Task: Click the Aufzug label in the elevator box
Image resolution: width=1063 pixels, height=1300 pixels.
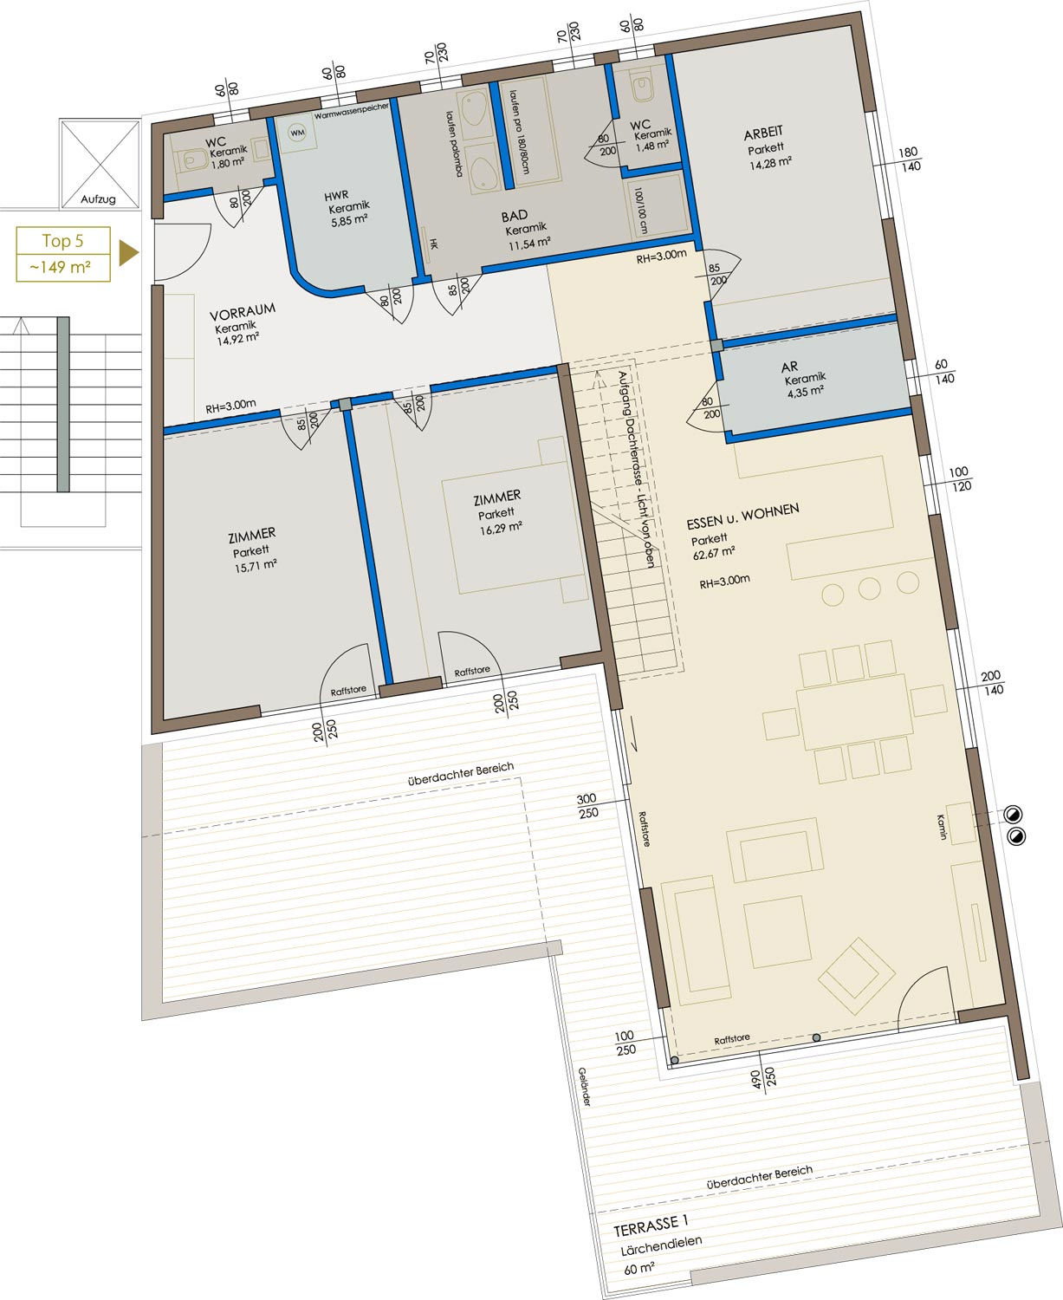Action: click(98, 199)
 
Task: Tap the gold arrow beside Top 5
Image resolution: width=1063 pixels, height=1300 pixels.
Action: click(128, 253)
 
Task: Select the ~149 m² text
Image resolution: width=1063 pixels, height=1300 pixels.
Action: click(61, 268)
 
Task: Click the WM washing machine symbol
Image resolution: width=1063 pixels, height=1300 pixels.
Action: click(298, 133)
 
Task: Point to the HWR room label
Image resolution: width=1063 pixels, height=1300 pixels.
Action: click(336, 196)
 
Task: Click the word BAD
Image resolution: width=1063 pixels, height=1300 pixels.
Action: click(515, 216)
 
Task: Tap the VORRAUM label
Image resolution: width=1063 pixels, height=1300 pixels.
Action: click(243, 312)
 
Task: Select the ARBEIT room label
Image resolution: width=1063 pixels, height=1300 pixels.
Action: click(763, 133)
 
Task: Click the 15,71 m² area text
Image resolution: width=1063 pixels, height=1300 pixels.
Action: click(255, 565)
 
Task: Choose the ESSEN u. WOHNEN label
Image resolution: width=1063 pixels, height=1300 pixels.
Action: click(742, 516)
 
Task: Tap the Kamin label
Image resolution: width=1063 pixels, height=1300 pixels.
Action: click(941, 827)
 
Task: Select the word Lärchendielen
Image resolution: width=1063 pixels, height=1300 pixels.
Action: click(661, 1245)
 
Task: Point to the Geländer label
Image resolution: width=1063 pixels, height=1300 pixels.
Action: click(585, 1087)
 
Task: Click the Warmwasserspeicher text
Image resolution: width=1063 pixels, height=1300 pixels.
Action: click(352, 111)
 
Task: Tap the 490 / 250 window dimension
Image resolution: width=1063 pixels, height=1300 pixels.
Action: click(762, 1078)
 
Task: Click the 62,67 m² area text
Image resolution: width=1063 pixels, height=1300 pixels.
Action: click(714, 553)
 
